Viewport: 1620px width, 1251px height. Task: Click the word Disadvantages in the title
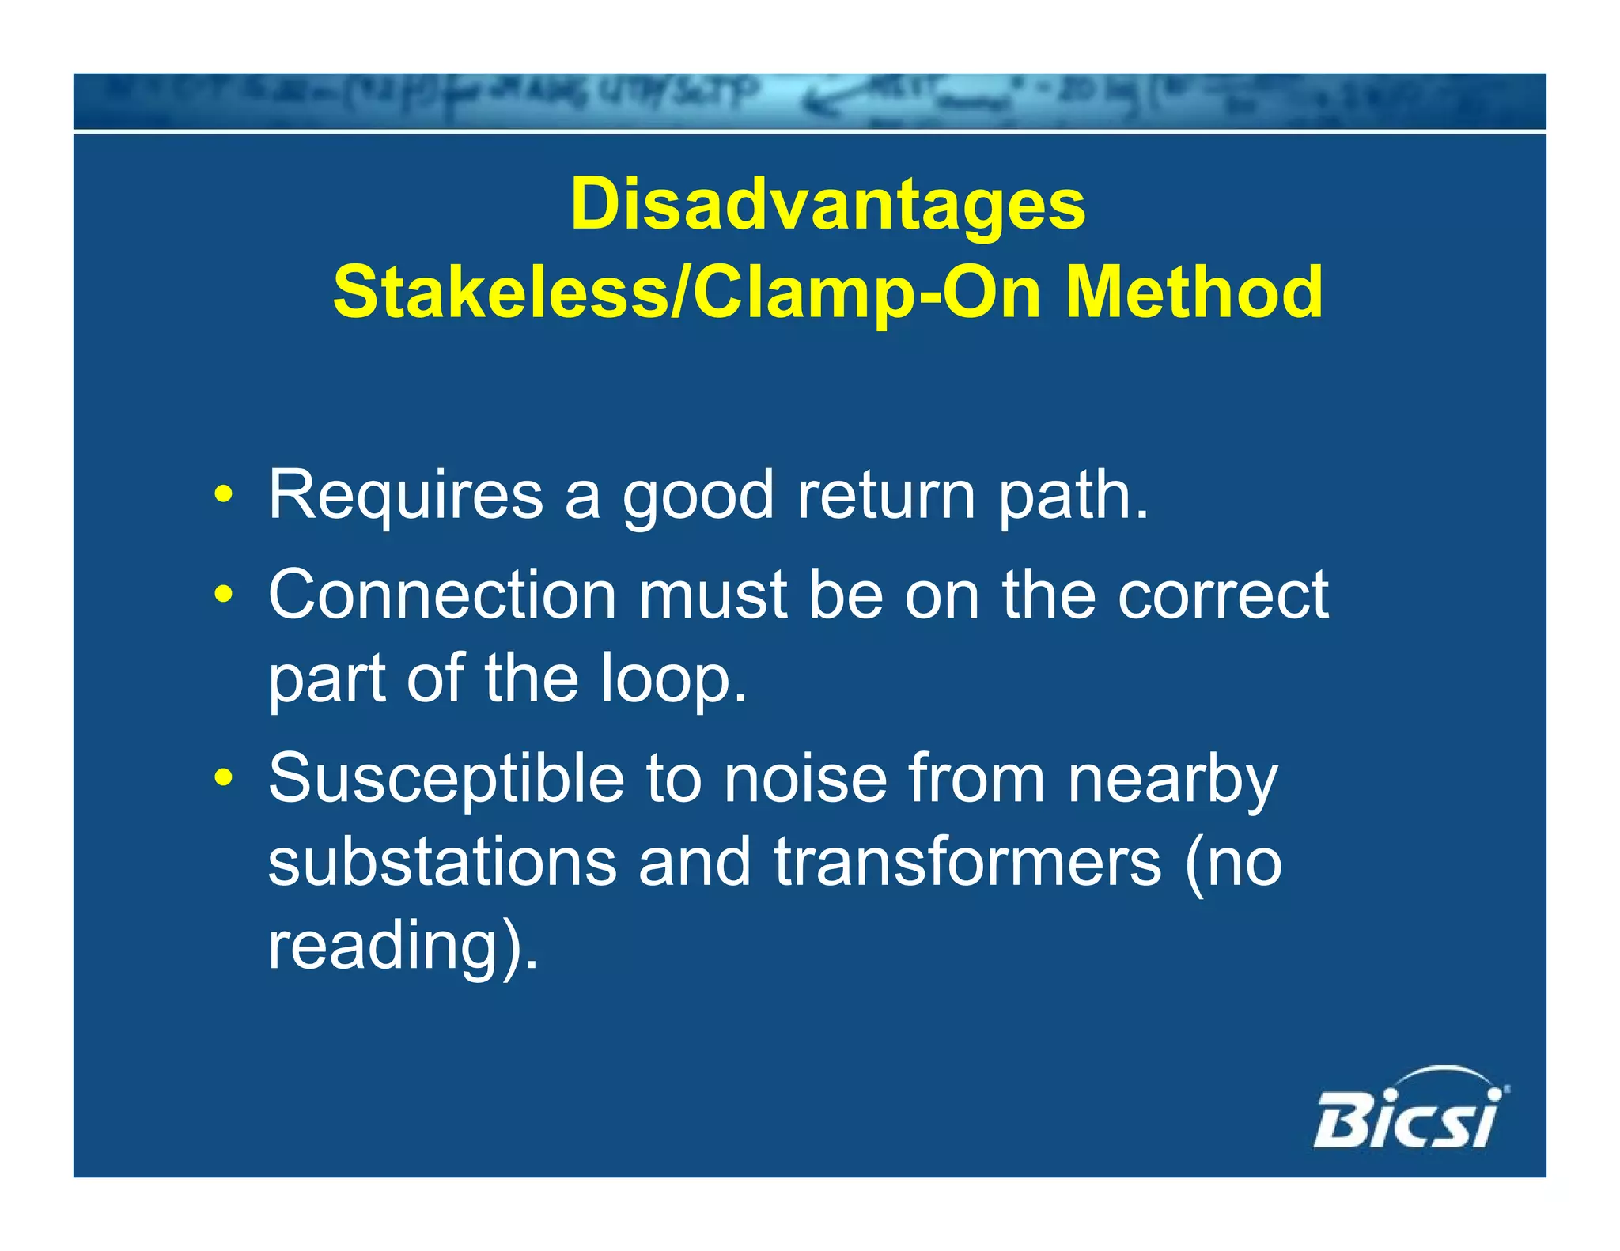point(827,206)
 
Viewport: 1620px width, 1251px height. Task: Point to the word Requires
point(405,496)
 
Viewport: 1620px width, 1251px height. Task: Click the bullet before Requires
point(224,496)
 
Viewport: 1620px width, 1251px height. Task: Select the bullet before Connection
point(224,595)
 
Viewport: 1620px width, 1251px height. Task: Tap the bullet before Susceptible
point(224,778)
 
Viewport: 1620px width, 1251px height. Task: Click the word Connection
point(442,595)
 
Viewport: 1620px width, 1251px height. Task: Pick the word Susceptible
point(446,780)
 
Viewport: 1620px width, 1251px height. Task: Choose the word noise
point(805,780)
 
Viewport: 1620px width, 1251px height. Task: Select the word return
point(886,497)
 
